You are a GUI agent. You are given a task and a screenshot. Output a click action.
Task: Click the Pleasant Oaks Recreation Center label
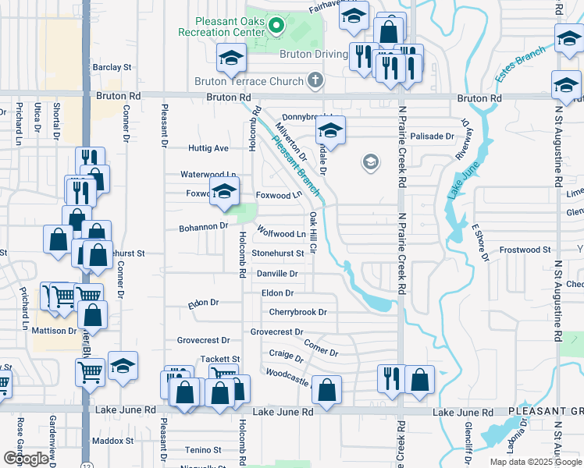pyautogui.click(x=221, y=27)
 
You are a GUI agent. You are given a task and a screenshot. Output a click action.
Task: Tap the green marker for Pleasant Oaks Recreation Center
pyautogui.click(x=276, y=27)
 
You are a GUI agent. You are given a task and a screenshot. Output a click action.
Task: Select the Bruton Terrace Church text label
pyautogui.click(x=248, y=80)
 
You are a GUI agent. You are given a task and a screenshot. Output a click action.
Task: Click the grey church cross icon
pyautogui.click(x=315, y=80)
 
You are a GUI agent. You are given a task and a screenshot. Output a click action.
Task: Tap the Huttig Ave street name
pyautogui.click(x=208, y=148)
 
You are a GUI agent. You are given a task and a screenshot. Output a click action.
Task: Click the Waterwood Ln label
pyautogui.click(x=208, y=175)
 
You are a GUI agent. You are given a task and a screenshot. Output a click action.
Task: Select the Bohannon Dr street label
pyautogui.click(x=201, y=226)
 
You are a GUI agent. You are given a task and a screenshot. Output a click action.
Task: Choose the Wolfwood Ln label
pyautogui.click(x=282, y=234)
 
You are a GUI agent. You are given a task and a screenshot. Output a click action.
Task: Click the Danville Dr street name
pyautogui.click(x=278, y=274)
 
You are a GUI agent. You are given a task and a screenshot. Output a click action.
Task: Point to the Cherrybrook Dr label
pyautogui.click(x=297, y=312)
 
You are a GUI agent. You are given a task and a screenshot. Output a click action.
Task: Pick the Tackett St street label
pyautogui.click(x=219, y=359)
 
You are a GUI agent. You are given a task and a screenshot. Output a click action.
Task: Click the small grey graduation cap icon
pyautogui.click(x=370, y=163)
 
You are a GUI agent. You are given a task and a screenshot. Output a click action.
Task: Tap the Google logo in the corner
pyautogui.click(x=27, y=459)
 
